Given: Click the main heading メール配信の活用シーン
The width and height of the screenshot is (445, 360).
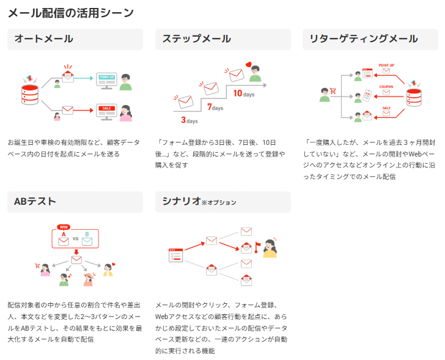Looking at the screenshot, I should point(70,12).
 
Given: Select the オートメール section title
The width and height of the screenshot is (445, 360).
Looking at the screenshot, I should point(43,39).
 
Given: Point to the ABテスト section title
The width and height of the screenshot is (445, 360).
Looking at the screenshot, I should point(35,202).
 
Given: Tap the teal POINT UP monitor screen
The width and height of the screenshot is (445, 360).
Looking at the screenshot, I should point(106,78).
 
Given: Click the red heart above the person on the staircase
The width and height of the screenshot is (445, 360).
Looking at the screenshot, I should point(249,63).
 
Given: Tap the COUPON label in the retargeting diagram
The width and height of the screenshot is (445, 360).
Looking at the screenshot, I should point(386,87).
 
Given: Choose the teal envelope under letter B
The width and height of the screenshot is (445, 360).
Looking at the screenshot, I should point(87,242).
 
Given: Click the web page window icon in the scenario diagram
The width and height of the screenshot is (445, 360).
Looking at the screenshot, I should point(176,255).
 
